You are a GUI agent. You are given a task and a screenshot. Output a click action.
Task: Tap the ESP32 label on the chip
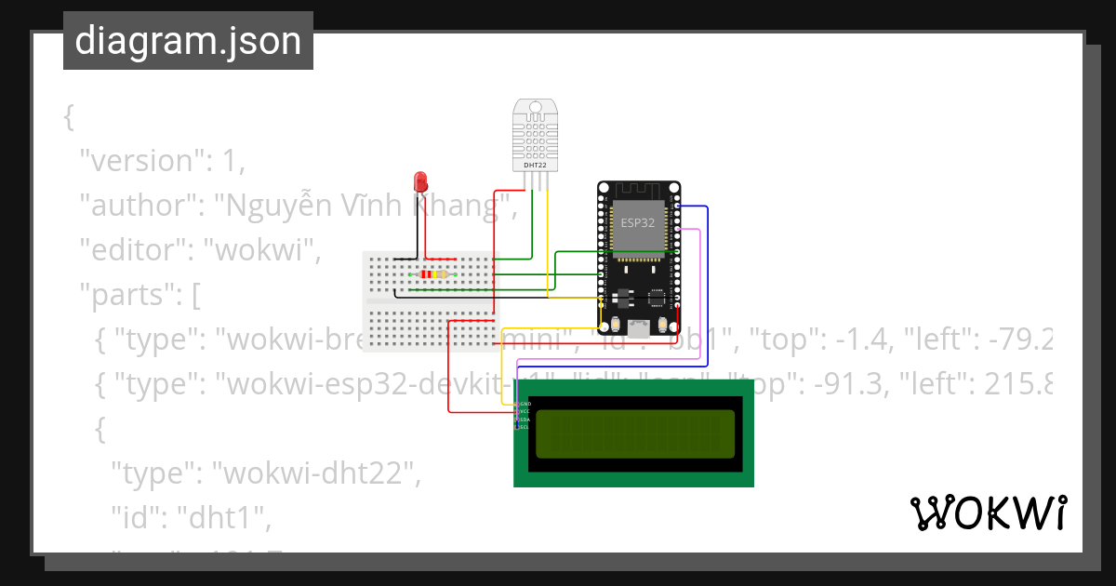[637, 223]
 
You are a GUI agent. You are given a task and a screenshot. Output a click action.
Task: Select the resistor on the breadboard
[432, 274]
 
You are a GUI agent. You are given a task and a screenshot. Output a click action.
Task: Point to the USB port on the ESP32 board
[639, 327]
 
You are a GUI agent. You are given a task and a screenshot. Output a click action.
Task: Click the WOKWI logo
[988, 513]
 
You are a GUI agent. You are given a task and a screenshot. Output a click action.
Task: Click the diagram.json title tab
[188, 41]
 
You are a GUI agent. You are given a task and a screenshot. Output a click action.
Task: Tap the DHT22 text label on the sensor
[535, 165]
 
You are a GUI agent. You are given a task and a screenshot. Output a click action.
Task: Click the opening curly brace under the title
[68, 117]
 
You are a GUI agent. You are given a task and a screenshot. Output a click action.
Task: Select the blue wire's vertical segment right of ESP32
[708, 279]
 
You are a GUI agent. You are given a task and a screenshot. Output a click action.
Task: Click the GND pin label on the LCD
[525, 404]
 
